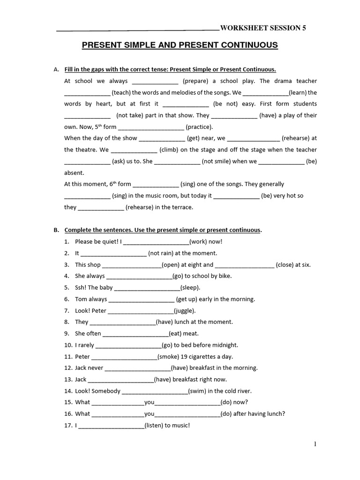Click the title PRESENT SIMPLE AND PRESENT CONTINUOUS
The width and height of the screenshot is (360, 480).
180,45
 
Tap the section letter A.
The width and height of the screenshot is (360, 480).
56,69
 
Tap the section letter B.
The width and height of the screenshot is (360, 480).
56,230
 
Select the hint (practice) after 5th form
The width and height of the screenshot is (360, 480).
199,127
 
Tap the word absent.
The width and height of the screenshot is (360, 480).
74,173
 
